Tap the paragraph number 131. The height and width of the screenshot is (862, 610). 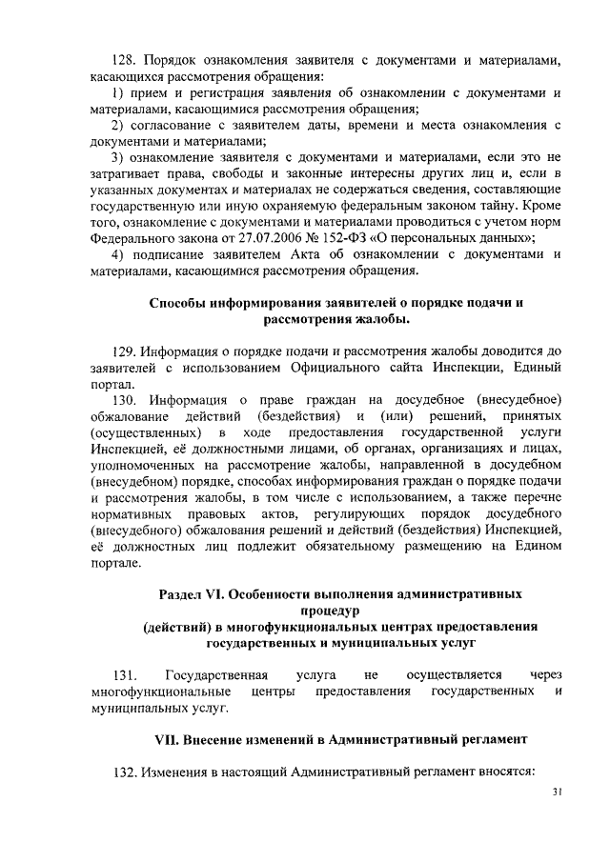[x=127, y=674]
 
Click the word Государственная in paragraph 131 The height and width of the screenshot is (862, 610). [x=214, y=674]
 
